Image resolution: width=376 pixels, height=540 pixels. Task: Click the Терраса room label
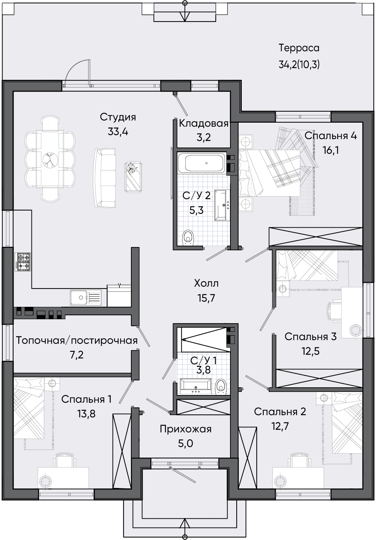[x=299, y=48]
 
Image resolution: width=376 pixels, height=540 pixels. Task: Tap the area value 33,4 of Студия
[x=118, y=132]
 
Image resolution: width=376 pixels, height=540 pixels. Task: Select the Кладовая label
[x=203, y=123]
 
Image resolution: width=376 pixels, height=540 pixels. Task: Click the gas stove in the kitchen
[x=23, y=261]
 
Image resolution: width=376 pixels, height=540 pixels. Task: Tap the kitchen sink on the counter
[x=86, y=298]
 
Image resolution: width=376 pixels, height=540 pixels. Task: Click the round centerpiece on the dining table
[x=50, y=160]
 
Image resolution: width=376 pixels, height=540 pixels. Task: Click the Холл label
[x=206, y=283]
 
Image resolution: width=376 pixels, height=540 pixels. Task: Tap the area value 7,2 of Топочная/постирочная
[x=77, y=355]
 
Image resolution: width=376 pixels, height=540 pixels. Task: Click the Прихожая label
[x=186, y=429]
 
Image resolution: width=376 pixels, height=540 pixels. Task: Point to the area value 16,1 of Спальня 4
[x=331, y=150]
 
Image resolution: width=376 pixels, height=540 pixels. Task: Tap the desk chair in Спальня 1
[x=64, y=460]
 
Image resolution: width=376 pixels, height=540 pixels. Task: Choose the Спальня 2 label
[x=280, y=412]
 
